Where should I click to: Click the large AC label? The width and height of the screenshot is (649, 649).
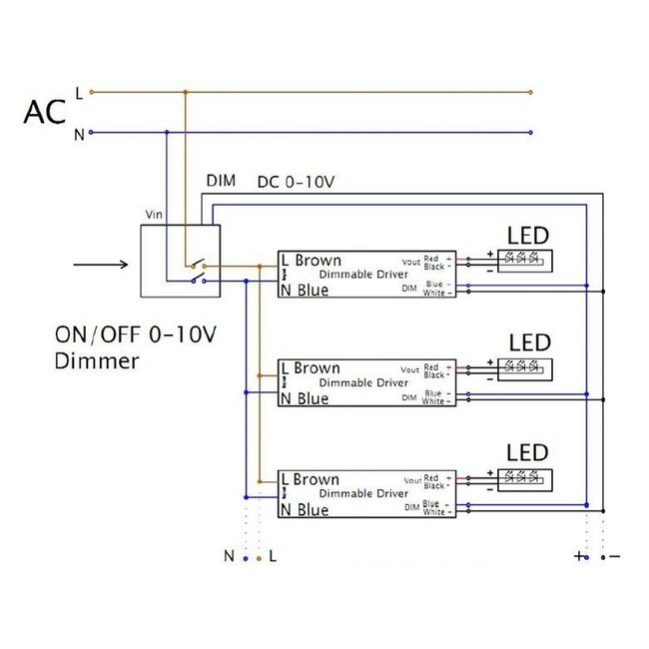coord(45,111)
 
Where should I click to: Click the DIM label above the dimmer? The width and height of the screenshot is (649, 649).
coord(221,181)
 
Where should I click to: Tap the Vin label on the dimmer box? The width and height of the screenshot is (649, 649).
coord(154,215)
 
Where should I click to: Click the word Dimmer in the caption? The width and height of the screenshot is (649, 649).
coord(98,360)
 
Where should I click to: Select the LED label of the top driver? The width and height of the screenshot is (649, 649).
coord(528,236)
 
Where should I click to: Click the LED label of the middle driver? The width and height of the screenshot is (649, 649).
coord(528,343)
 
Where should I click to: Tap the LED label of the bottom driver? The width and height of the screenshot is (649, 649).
coord(528,452)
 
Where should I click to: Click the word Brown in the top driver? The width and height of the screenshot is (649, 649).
coord(318,260)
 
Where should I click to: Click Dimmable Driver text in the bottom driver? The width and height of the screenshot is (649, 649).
coord(362,493)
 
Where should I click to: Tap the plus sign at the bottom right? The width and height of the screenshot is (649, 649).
coord(579,556)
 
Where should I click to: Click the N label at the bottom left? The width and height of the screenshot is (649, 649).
coord(229,556)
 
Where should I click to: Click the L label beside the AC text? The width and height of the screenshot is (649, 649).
coord(79,93)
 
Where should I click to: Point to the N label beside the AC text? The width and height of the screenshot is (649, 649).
coord(79,134)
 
